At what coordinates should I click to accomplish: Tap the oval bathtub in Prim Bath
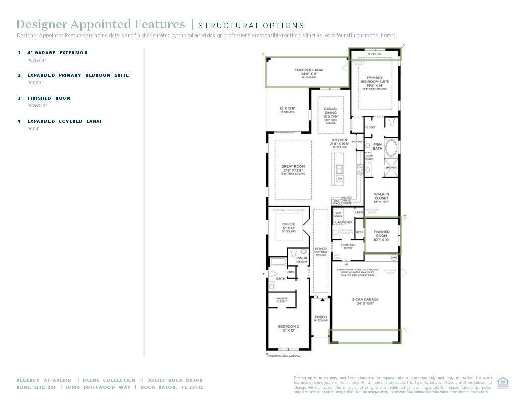392,148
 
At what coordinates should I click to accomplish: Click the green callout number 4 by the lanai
263,54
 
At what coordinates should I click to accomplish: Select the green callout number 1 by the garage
404,330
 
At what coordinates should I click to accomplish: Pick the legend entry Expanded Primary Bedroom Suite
78,75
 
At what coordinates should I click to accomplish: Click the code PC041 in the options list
33,129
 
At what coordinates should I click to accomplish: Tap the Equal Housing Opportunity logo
503,383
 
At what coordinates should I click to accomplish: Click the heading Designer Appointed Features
100,24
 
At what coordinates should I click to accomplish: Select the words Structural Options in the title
251,25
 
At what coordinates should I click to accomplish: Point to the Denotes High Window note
284,356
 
